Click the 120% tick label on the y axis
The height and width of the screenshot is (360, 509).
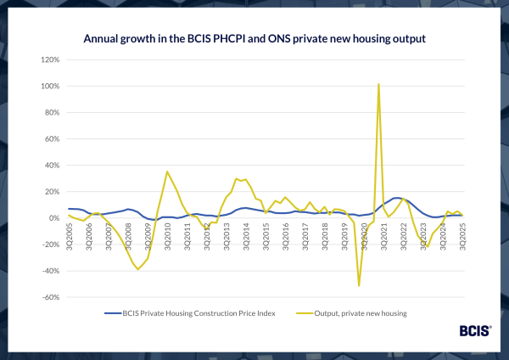[48, 60]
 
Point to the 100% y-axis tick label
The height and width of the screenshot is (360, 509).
[48, 87]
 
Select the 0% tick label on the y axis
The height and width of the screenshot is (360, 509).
[51, 218]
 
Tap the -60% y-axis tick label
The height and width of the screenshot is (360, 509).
[48, 297]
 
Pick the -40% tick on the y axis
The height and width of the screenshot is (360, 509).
[48, 271]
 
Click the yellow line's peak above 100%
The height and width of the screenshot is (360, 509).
[378, 84]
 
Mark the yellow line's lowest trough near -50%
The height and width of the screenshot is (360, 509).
[359, 285]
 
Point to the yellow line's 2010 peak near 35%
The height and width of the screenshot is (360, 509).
[167, 172]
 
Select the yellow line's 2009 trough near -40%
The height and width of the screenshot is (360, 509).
[137, 269]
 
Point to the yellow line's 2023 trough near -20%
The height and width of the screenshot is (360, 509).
[427, 247]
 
